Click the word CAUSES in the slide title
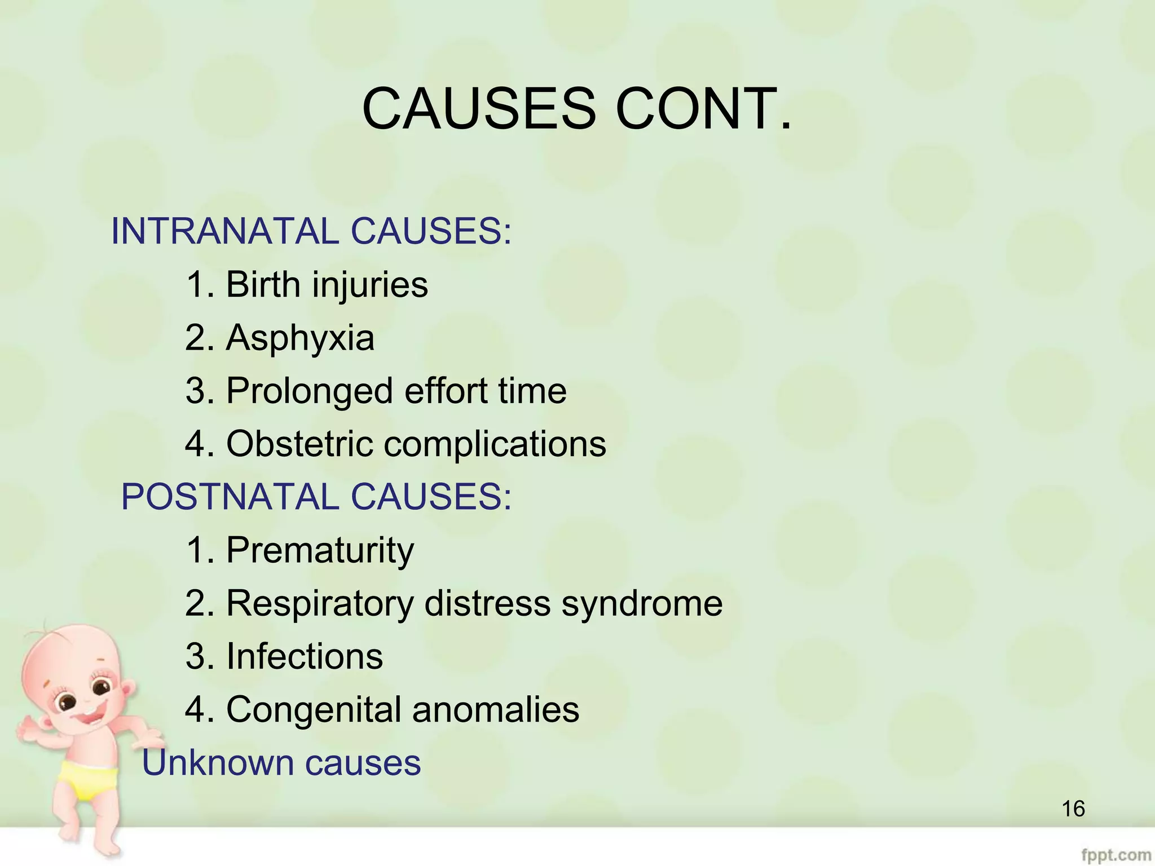click(x=479, y=108)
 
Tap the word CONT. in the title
click(x=703, y=108)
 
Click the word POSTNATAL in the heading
click(x=230, y=497)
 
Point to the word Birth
click(x=263, y=284)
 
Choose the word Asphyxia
click(x=300, y=338)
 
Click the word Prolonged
click(x=310, y=391)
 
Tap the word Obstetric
click(x=299, y=444)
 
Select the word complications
click(x=495, y=444)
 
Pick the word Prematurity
click(x=320, y=550)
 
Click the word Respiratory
click(x=320, y=603)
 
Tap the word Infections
click(x=305, y=656)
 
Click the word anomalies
click(x=496, y=709)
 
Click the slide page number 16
click(x=1073, y=809)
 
